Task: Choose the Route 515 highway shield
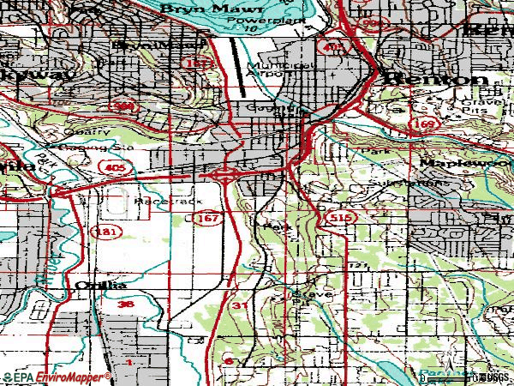[338, 220]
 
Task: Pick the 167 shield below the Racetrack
[206, 220]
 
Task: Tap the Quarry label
[93, 132]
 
